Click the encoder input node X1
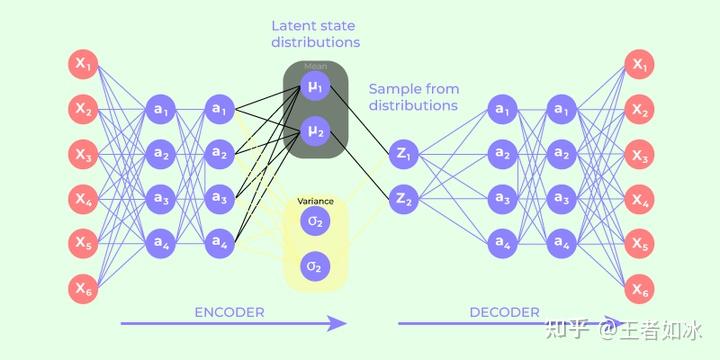[83, 64]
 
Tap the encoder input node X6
[83, 289]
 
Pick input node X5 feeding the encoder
[83, 244]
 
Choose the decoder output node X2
[639, 109]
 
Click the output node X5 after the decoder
[639, 244]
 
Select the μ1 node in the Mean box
[316, 88]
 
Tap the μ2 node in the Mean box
[316, 130]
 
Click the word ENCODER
[230, 312]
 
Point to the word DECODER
[504, 312]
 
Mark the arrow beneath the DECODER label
[505, 323]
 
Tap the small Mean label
[316, 68]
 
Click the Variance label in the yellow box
[316, 201]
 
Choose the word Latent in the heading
[292, 25]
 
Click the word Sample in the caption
[393, 88]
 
